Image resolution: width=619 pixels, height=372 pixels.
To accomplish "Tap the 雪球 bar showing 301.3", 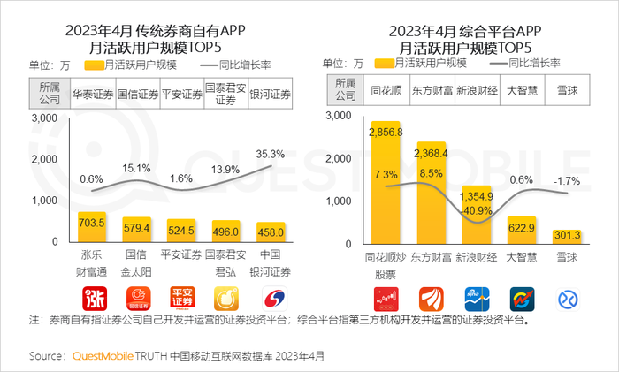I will tap(566, 235).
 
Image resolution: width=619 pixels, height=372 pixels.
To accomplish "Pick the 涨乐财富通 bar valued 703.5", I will tap(93, 226).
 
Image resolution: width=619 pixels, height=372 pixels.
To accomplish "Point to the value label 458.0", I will tap(271, 232).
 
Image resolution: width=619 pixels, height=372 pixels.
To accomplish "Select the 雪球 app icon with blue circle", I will tap(566, 299).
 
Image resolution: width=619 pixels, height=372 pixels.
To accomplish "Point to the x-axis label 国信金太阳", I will tap(136, 263).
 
